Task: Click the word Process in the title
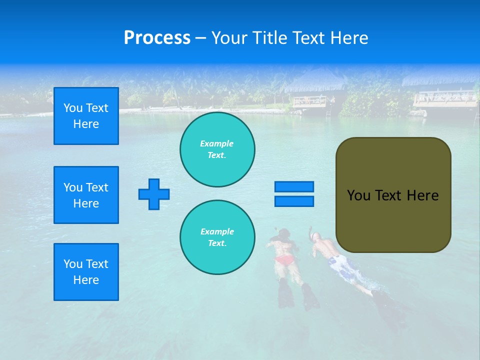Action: click(x=157, y=38)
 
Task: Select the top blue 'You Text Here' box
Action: click(x=86, y=116)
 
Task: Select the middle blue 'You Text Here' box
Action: click(x=86, y=195)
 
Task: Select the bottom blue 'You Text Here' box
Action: click(x=86, y=272)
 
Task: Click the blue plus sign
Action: click(x=154, y=194)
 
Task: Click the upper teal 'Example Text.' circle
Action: click(x=217, y=149)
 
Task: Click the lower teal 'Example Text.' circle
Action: click(x=217, y=237)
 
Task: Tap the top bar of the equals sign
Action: click(x=294, y=187)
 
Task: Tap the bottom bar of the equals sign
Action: click(x=294, y=201)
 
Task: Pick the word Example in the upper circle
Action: click(x=216, y=144)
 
